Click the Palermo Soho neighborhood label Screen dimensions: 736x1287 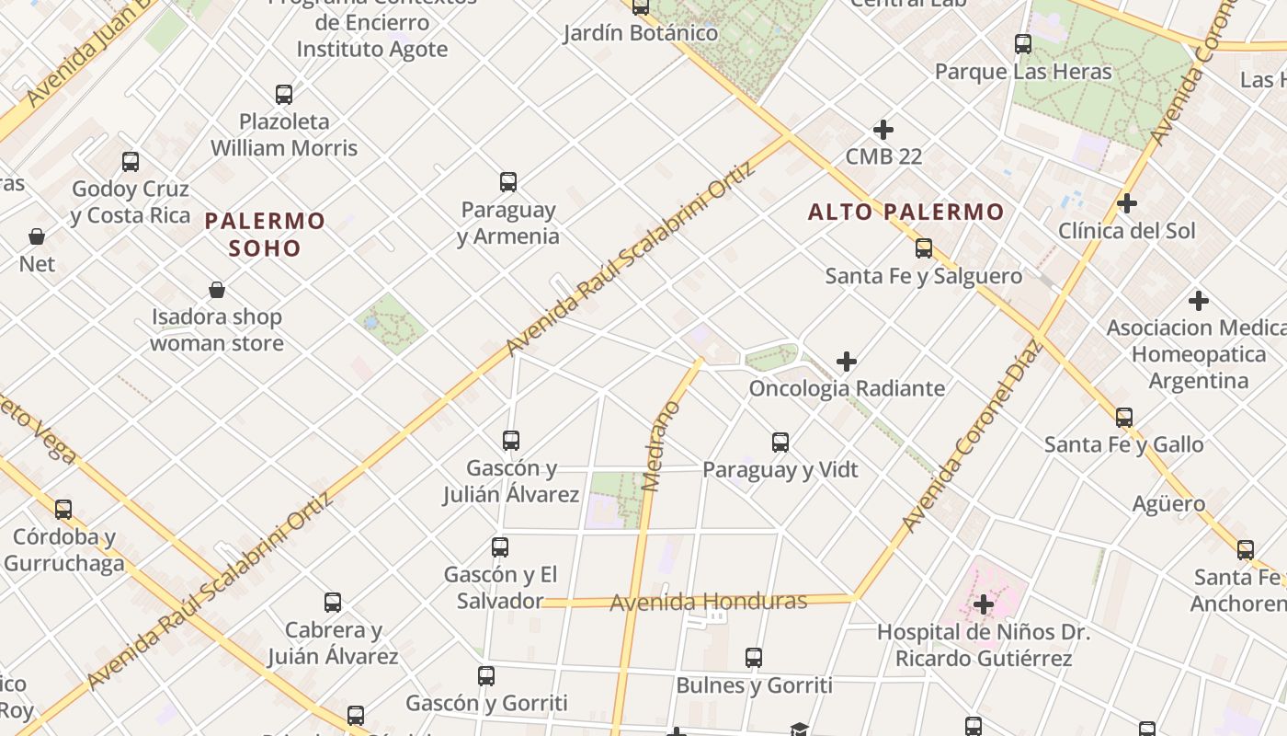[265, 234]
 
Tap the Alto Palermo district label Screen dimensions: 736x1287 [905, 213]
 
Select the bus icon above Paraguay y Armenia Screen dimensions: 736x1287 [508, 182]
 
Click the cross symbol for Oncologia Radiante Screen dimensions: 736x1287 [847, 362]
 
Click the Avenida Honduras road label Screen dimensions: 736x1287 [708, 603]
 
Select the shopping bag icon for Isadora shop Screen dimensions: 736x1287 [217, 291]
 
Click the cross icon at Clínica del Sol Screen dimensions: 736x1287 [1127, 203]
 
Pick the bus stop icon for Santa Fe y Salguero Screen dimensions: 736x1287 [924, 248]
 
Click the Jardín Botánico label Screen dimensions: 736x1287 [641, 33]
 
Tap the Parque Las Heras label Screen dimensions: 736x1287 [1023, 72]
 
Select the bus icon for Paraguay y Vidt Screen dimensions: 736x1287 [780, 443]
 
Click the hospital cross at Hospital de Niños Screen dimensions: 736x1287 [984, 604]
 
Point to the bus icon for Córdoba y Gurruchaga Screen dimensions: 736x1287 [63, 509]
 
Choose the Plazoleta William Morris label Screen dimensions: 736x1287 [284, 134]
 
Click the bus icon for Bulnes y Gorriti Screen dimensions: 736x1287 [754, 658]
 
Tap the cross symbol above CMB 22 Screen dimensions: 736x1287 [883, 130]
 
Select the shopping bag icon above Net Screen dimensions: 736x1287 [37, 237]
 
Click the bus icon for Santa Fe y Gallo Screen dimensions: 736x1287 [1123, 418]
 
